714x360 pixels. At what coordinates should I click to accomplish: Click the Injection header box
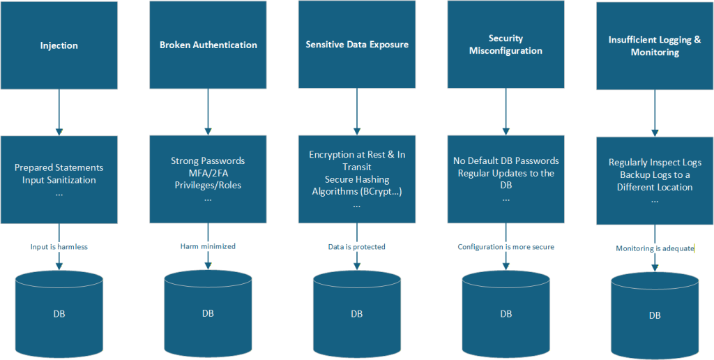pyautogui.click(x=59, y=45)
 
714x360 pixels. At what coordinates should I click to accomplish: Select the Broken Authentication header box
pyautogui.click(x=208, y=45)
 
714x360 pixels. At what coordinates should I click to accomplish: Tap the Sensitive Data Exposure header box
pyautogui.click(x=357, y=44)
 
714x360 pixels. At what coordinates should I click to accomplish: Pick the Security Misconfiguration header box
pyautogui.click(x=506, y=44)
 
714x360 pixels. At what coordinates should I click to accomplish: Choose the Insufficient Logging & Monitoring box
pyautogui.click(x=655, y=45)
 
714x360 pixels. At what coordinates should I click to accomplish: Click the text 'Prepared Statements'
pyautogui.click(x=59, y=167)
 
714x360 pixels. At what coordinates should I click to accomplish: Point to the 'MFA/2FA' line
pyautogui.click(x=208, y=173)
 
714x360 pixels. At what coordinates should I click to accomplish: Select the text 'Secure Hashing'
pyautogui.click(x=357, y=180)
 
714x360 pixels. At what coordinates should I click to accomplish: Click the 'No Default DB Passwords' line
pyautogui.click(x=506, y=161)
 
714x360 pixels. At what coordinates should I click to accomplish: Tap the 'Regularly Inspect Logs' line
pyautogui.click(x=655, y=163)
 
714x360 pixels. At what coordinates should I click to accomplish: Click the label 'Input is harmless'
pyautogui.click(x=59, y=246)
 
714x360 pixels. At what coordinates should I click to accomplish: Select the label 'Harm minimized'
pyautogui.click(x=208, y=246)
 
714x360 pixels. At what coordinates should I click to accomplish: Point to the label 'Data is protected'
pyautogui.click(x=357, y=246)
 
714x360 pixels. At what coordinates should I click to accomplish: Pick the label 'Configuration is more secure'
pyautogui.click(x=506, y=246)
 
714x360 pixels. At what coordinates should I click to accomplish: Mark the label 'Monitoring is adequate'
pyautogui.click(x=655, y=248)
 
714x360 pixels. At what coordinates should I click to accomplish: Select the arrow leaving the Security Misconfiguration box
pyautogui.click(x=506, y=112)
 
